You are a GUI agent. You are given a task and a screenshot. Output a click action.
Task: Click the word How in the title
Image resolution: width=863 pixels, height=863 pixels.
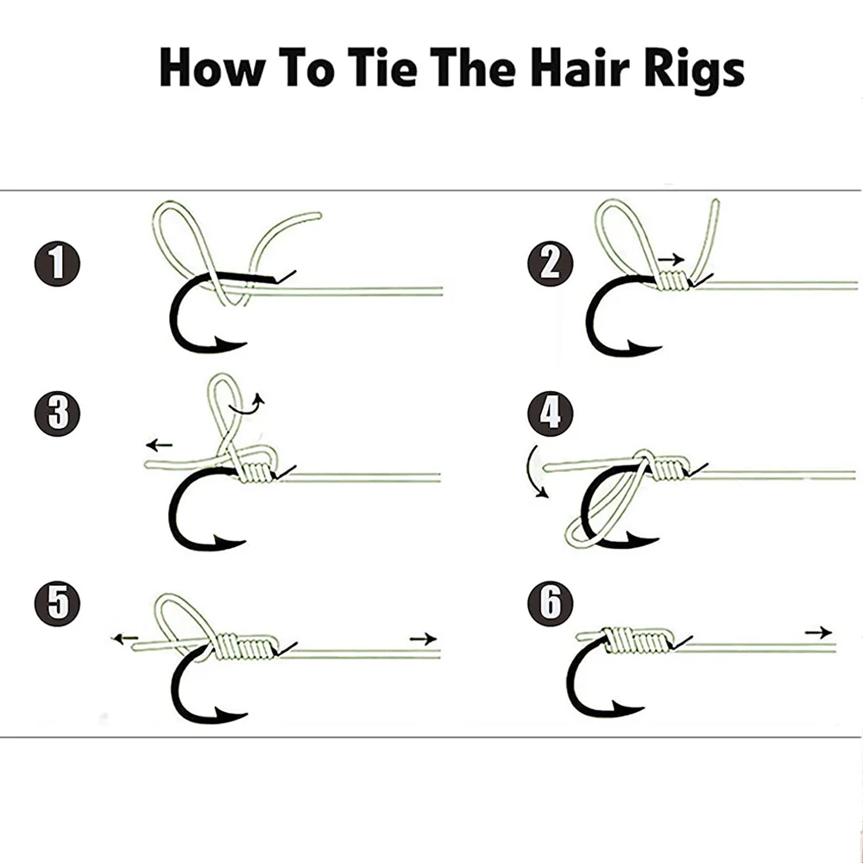click(212, 69)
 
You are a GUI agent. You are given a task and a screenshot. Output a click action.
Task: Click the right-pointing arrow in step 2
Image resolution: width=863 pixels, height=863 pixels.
click(671, 258)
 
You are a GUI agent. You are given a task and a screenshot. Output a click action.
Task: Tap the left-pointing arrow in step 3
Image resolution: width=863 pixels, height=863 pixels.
click(159, 445)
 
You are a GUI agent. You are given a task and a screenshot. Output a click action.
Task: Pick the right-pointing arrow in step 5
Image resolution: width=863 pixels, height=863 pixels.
click(423, 639)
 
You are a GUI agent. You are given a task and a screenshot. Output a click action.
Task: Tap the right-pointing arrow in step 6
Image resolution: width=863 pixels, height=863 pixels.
click(818, 633)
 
